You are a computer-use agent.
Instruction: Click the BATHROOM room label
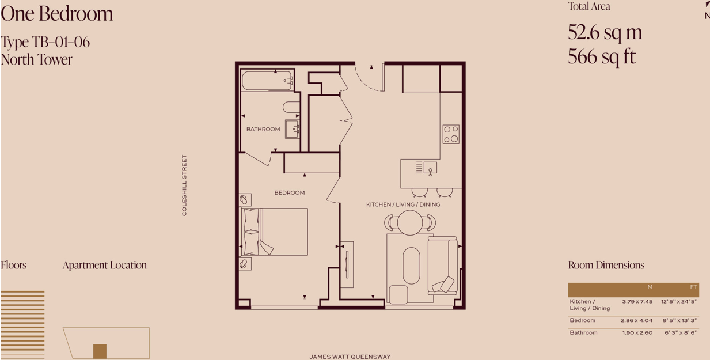263,129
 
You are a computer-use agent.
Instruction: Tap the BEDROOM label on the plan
290,192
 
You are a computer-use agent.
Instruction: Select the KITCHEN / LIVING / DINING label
403,204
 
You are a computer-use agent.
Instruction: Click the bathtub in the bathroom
267,81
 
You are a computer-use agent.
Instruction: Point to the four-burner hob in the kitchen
451,134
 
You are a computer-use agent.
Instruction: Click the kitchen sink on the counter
430,168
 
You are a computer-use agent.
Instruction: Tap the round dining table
410,223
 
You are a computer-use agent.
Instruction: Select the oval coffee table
411,266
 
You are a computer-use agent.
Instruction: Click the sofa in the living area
442,266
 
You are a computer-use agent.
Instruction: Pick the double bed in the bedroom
274,232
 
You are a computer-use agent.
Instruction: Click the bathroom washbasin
292,129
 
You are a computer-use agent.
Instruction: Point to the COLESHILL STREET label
184,185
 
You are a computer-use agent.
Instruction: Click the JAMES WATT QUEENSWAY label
350,357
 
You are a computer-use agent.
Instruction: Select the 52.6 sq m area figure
605,32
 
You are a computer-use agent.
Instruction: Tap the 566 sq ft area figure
602,57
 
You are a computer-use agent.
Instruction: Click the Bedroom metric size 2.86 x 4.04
636,320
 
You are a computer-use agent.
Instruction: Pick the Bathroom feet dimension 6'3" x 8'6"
681,333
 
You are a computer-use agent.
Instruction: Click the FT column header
693,287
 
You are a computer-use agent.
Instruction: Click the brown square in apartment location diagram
100,351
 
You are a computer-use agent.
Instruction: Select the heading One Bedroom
57,14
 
